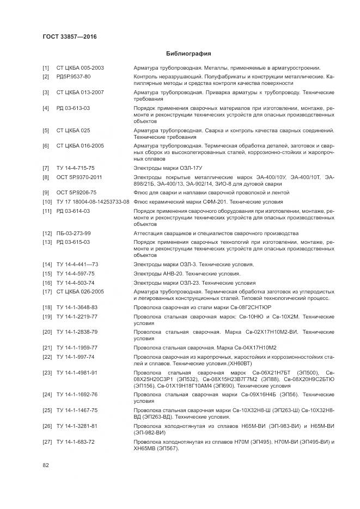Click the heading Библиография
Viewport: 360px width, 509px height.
tap(188, 54)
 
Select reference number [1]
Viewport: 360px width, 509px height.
tap(46, 68)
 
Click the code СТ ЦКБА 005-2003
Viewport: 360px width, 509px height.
tap(80, 68)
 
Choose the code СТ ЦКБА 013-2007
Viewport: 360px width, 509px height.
tap(80, 93)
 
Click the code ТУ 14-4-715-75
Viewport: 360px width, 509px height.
tap(75, 169)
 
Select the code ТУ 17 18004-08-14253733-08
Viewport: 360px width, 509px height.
tap(93, 202)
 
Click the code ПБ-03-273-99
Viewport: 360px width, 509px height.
tap(74, 234)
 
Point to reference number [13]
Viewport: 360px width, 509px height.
tap(47, 242)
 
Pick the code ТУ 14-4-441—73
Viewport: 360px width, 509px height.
tap(77, 265)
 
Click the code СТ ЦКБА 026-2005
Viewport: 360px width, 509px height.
tap(80, 291)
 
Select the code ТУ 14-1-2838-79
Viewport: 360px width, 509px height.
tap(77, 332)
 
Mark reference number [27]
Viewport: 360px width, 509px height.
tap(47, 441)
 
